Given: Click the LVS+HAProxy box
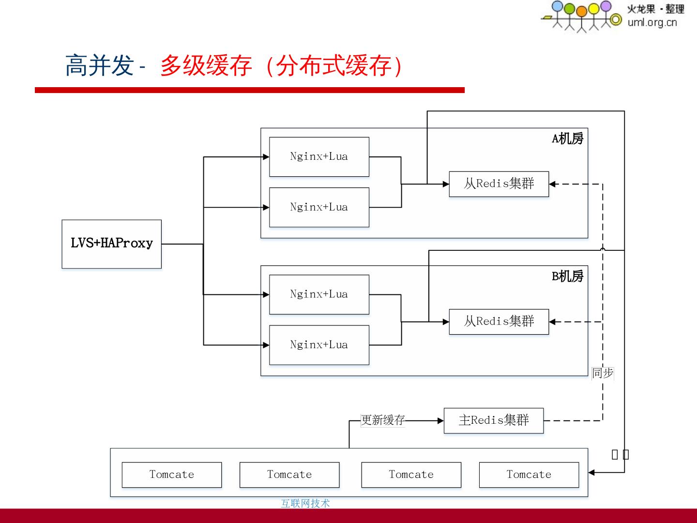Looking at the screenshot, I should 111,244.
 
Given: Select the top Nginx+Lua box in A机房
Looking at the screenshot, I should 319,156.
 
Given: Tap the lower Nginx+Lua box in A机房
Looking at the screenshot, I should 319,207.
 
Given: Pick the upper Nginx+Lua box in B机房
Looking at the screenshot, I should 319,294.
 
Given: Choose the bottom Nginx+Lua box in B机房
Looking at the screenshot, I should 319,345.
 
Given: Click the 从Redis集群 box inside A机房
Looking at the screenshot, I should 499,184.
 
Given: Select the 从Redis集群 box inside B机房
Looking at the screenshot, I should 499,322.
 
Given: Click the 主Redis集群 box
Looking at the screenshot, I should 493,420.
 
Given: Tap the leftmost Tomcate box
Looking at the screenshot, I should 171,475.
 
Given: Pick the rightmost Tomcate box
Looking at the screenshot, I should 529,475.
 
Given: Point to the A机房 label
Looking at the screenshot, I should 567,139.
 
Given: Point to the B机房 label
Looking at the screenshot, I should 567,277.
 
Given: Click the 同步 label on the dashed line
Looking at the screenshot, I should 603,373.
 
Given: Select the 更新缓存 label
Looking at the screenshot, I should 382,420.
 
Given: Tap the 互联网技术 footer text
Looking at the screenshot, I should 305,504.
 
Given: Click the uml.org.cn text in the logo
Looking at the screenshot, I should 652,22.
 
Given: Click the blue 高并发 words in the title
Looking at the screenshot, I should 99,65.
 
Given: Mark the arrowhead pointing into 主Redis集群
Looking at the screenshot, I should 440,420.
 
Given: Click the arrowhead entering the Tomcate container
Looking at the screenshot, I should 591,472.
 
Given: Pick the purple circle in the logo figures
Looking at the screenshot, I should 606,6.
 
